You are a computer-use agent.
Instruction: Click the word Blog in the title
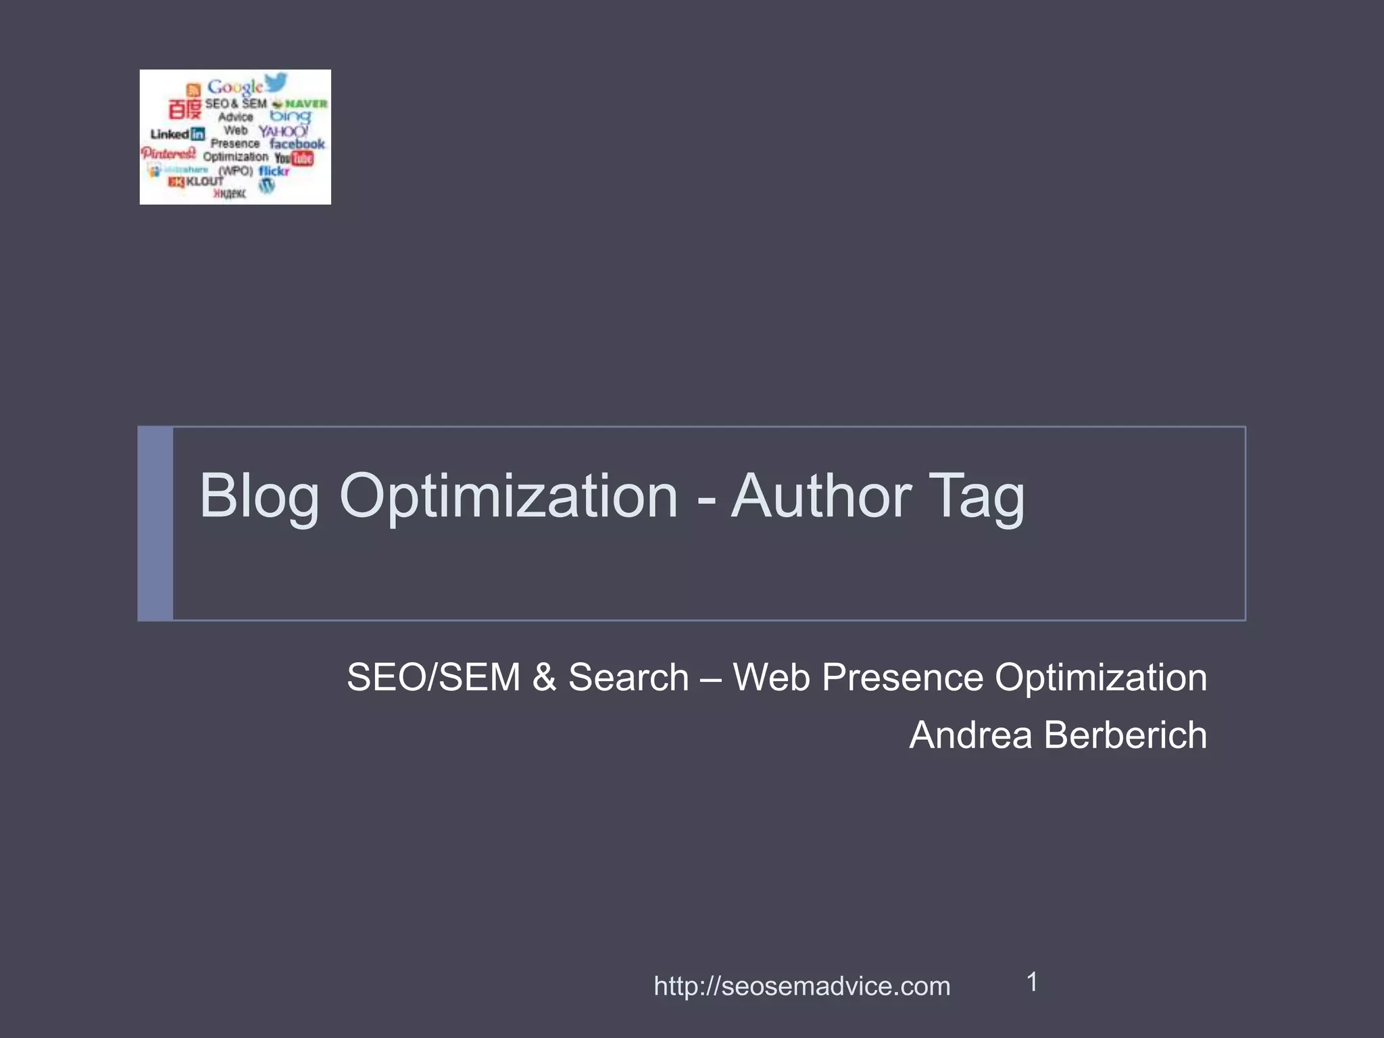(259, 497)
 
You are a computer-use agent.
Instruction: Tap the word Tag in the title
(976, 497)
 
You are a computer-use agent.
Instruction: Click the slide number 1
(1032, 982)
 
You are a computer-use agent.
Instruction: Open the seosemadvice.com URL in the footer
(801, 986)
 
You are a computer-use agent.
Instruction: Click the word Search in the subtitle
(628, 677)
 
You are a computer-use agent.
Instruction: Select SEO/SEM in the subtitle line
(433, 677)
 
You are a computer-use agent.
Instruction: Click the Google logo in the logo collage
(234, 87)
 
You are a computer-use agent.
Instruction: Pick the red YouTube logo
(295, 158)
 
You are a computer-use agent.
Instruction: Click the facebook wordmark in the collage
(297, 144)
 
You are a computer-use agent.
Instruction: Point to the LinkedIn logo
(177, 134)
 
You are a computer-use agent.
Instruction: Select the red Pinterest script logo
(168, 153)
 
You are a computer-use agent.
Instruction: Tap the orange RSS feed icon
(193, 90)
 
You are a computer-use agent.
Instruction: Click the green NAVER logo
(301, 103)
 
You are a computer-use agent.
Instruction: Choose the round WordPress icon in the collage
(267, 186)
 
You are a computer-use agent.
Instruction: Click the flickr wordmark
(274, 171)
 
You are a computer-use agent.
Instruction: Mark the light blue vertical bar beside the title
(155, 523)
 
